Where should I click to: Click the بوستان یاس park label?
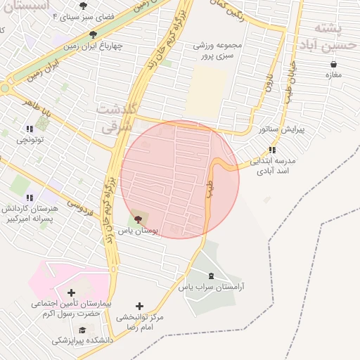pos(137,230)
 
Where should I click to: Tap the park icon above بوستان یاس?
pos(137,219)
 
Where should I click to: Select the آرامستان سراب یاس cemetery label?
pos(215,288)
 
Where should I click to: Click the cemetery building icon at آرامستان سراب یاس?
pos(212,275)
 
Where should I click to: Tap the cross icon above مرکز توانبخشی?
pos(139,306)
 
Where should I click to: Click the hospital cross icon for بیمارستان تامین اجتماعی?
pos(71,292)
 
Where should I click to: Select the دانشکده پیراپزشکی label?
pos(77,341)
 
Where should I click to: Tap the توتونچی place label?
pos(30,140)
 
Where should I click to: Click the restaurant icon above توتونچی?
pos(30,129)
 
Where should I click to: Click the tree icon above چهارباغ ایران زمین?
pos(93,34)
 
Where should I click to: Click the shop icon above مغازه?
pos(333,64)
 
